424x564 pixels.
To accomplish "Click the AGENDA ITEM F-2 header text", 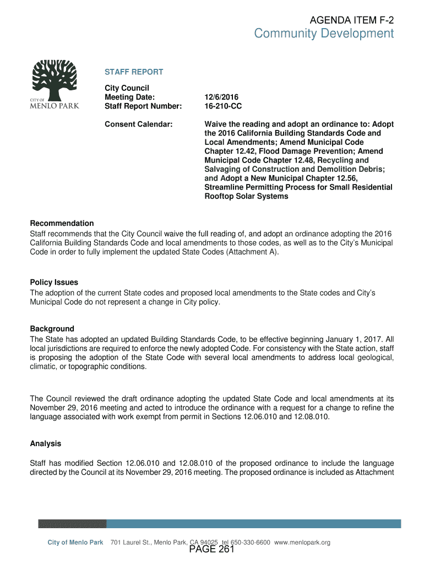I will point(352,20).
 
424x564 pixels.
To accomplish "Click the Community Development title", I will point(324,34).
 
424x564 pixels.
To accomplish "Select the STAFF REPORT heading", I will point(134,72).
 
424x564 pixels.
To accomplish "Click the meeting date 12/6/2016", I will point(222,97).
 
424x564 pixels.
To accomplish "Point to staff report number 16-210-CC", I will point(223,106).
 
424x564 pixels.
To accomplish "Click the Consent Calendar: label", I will point(139,124).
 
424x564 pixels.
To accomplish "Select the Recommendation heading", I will point(62,223).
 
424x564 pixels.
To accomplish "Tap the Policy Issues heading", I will point(54,282).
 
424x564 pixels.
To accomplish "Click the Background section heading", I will point(52,329).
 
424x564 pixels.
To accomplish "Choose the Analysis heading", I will point(46,443).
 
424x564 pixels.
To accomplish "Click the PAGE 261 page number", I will point(212,550).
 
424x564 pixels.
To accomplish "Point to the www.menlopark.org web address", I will point(302,543).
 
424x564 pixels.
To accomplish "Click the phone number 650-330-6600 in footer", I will point(250,543).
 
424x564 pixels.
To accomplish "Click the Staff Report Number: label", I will point(143,106).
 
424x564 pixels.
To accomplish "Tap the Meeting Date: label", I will point(130,97).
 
